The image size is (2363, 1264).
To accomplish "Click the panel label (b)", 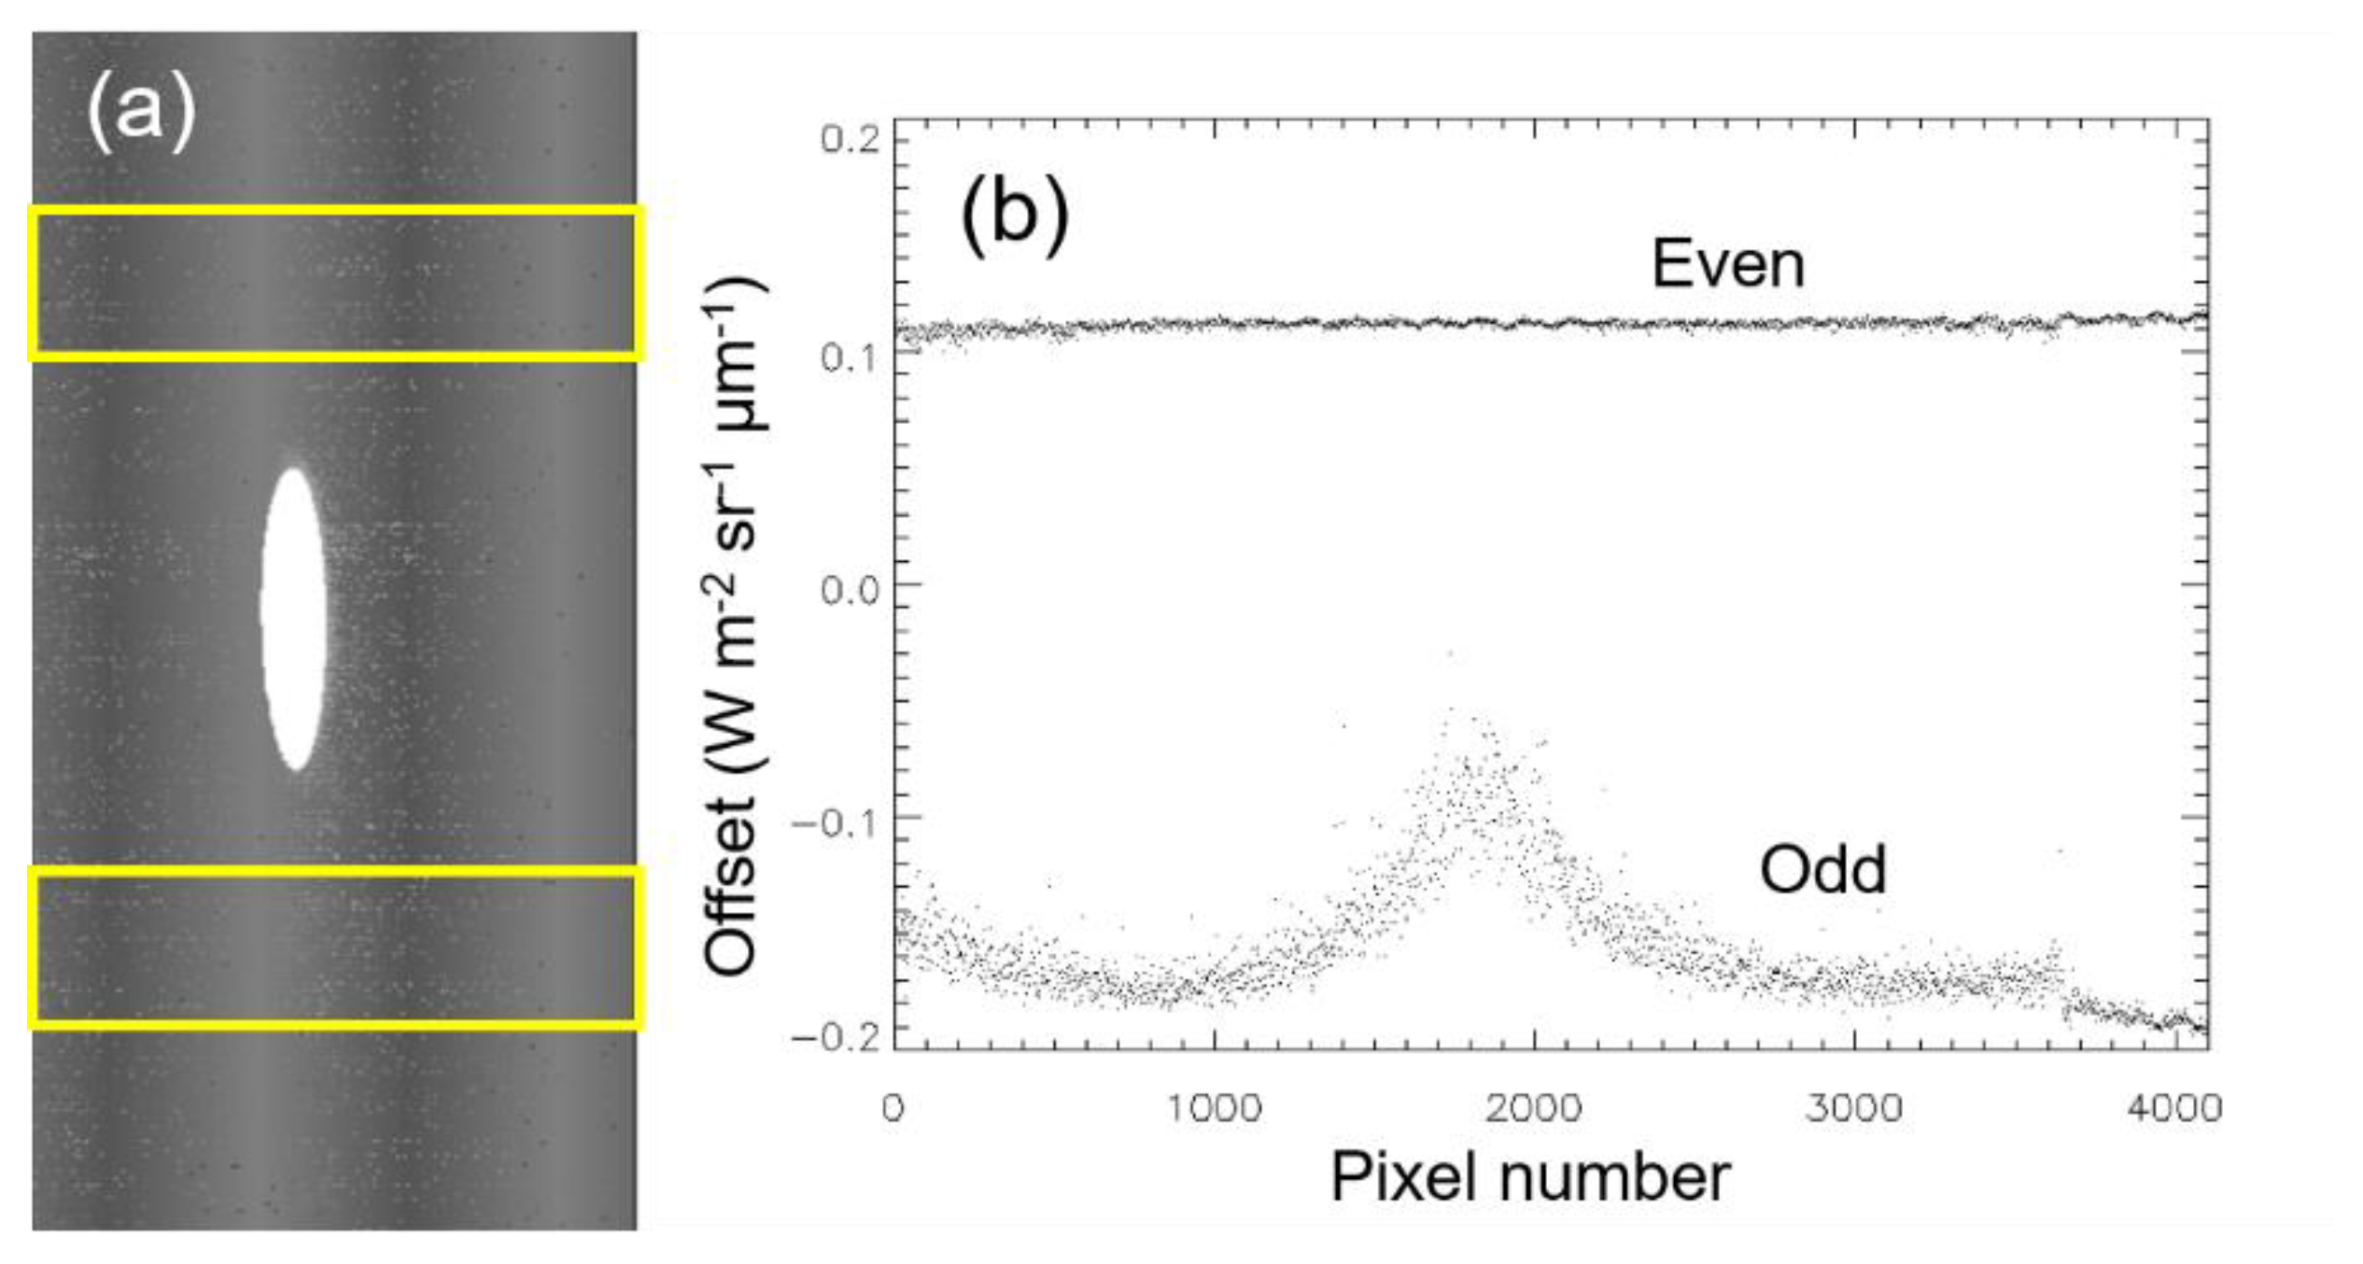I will click(1015, 216).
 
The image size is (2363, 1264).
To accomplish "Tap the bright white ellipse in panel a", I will click(294, 619).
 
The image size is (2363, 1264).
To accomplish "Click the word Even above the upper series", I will click(1727, 264).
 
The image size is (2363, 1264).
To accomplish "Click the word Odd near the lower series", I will click(1822, 869).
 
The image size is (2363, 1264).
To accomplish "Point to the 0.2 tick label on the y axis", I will click(851, 140).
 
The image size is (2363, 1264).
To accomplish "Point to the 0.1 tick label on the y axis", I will click(851, 358).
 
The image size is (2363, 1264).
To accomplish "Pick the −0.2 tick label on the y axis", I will click(836, 1037).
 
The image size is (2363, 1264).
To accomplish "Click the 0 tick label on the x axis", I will click(893, 1109).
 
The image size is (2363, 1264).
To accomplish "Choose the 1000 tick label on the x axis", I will click(1215, 1109).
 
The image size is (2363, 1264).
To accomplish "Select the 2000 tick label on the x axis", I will click(1534, 1109).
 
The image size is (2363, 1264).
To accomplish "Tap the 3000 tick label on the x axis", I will click(1854, 1109).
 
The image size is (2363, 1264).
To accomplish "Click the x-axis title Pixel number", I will click(1530, 1178).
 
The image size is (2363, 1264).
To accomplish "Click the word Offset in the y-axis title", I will click(731, 887).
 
